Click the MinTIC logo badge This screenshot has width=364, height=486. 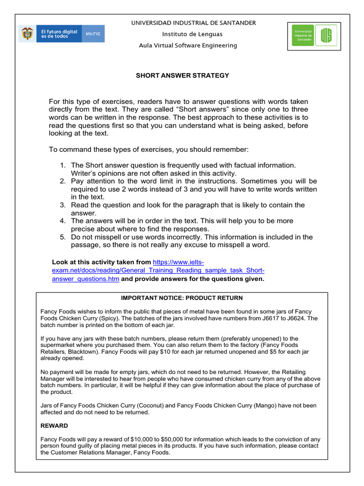[x=93, y=34]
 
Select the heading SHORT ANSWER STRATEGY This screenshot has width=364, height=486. [x=182, y=75]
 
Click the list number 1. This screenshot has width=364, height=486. [x=63, y=165]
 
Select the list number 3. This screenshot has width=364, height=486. [x=63, y=205]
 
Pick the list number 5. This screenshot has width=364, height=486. [x=63, y=237]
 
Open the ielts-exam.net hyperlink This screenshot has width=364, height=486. [x=158, y=271]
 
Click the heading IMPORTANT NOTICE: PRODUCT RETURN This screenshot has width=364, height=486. [x=182, y=298]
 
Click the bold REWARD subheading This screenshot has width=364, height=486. [x=54, y=426]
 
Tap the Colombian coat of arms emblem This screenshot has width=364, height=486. [x=27, y=34]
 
